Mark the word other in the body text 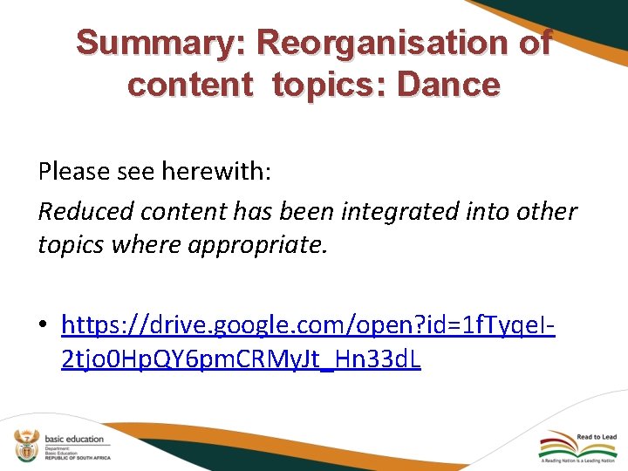click(547, 212)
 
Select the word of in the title click(533, 42)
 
